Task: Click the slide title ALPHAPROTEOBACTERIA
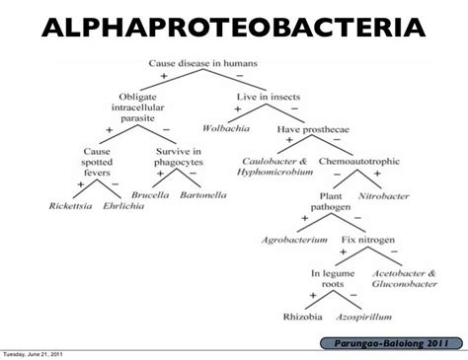tap(234, 28)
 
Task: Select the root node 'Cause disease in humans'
tap(202, 63)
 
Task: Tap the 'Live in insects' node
tap(269, 97)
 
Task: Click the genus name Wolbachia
tap(226, 128)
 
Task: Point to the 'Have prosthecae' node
tap(313, 129)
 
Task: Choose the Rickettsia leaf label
tap(70, 206)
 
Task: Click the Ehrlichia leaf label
tap(123, 206)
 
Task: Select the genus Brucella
tap(150, 195)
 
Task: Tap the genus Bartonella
tap(203, 195)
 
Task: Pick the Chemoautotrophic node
tap(359, 161)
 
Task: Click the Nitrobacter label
tap(384, 196)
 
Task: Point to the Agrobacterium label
tap(294, 240)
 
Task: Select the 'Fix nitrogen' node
tap(368, 240)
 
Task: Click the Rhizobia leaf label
tap(303, 317)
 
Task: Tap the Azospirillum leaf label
tap(363, 318)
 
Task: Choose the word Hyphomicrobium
tap(274, 172)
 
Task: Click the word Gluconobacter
tap(405, 284)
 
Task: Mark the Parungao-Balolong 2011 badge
tap(391, 343)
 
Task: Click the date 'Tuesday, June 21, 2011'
tap(33, 354)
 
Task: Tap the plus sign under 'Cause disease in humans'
tap(164, 76)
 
